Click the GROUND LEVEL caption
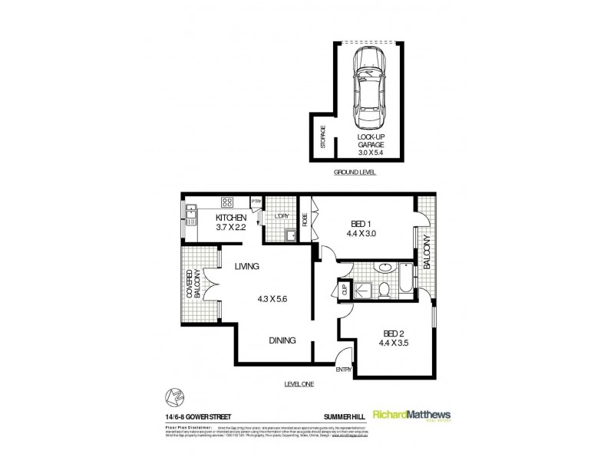pos(355,173)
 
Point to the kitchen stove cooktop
pos(228,204)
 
